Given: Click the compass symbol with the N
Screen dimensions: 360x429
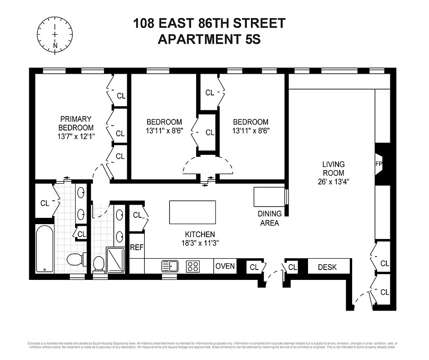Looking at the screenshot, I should (x=54, y=34).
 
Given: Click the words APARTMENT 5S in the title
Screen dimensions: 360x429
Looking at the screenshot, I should (x=209, y=40).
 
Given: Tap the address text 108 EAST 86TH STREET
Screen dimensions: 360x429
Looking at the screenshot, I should (x=209, y=23).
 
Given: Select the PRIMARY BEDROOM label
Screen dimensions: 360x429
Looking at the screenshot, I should (x=76, y=123).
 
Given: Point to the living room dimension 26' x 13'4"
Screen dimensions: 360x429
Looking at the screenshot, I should (x=333, y=182).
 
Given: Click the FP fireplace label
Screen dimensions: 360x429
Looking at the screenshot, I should (x=378, y=164).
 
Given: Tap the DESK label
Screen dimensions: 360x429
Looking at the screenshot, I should (x=327, y=267).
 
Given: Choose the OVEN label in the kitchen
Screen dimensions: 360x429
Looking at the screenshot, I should (x=225, y=266).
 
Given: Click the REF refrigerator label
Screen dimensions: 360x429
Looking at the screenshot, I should (x=136, y=247).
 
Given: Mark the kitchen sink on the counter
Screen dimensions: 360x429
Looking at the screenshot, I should (x=170, y=266).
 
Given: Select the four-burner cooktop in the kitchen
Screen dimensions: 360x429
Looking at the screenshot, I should (x=193, y=266).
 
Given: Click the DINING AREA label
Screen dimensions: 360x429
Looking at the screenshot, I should (x=269, y=218).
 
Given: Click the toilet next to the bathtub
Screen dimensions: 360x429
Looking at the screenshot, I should (x=74, y=260).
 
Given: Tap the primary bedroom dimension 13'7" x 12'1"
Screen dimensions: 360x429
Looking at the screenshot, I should (x=76, y=135).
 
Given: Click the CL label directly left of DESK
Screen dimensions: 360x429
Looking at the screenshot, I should (x=293, y=267).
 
